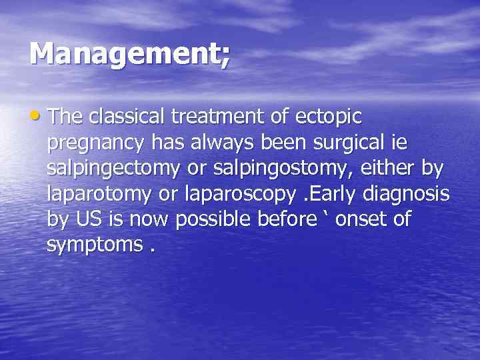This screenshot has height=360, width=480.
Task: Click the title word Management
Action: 127,53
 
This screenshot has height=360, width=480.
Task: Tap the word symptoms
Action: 94,245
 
